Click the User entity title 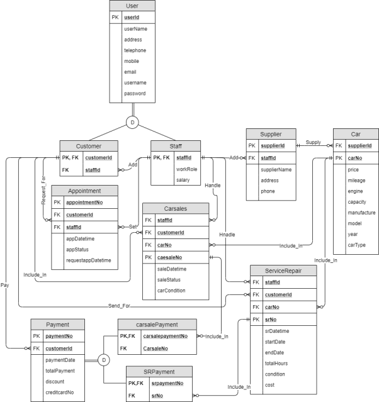coord(132,6)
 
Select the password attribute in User coord(135,93)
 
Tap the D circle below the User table coord(132,122)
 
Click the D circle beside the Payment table coord(104,359)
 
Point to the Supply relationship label coord(314,142)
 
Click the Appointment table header coord(84,190)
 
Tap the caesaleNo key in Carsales coord(172,257)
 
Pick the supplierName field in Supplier coord(276,169)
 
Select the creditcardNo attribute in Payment coord(60,392)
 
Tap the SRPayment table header coord(159,371)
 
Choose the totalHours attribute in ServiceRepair coord(278,363)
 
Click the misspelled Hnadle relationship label coord(227,234)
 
